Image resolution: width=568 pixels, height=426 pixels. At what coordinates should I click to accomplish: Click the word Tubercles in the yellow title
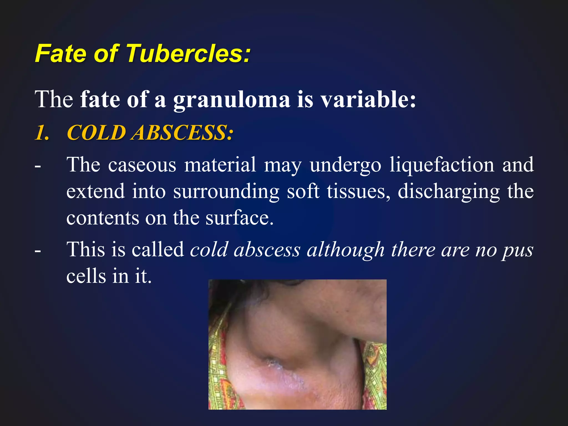click(x=189, y=53)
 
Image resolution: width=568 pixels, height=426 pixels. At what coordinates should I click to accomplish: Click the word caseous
click(x=142, y=165)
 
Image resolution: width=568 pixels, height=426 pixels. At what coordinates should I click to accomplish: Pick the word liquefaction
click(x=442, y=165)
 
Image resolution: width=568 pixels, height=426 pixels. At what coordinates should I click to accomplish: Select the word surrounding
click(x=226, y=192)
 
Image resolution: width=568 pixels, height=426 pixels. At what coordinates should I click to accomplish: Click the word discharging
click(x=449, y=192)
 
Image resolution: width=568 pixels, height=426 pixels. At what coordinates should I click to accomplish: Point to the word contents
click(x=103, y=218)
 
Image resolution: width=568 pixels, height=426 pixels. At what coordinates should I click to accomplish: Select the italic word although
click(x=346, y=250)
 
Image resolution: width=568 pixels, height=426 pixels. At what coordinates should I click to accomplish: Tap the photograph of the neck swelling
click(x=297, y=344)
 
